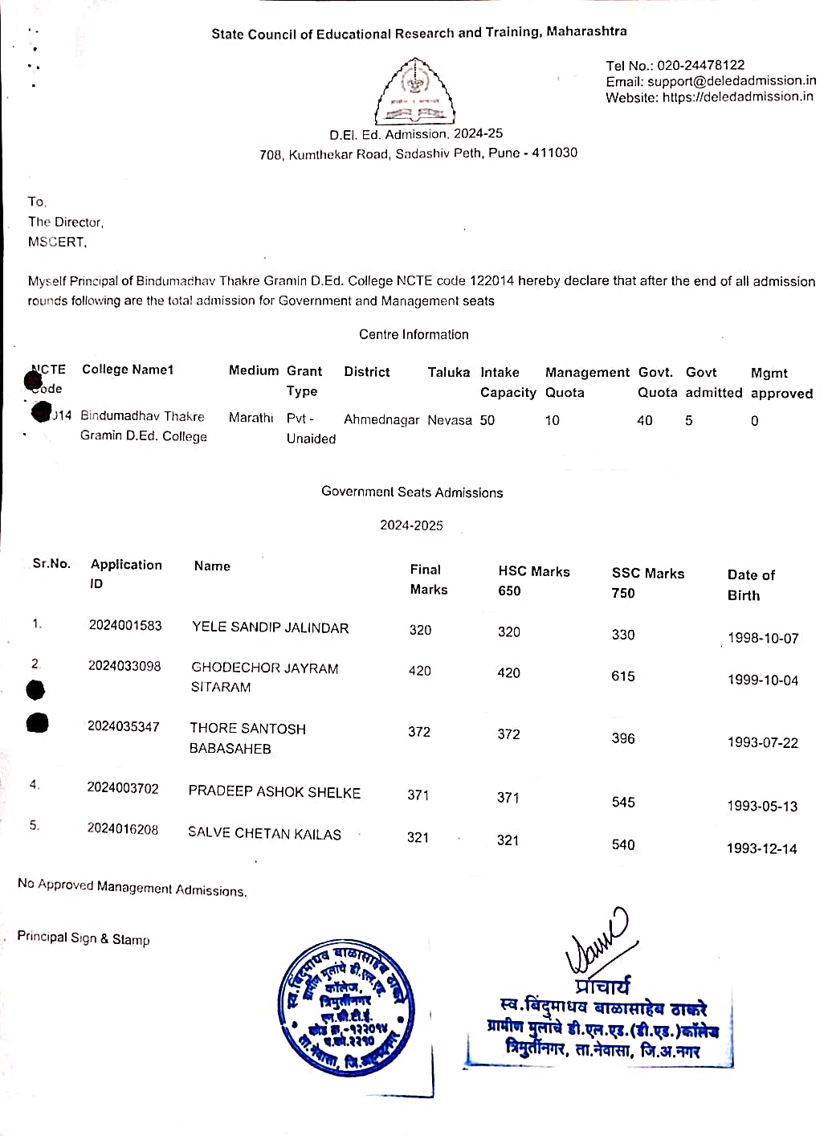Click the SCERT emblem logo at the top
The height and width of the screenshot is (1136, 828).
coord(414,92)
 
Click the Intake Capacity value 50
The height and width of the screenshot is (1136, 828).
coord(487,420)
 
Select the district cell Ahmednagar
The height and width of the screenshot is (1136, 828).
coord(381,419)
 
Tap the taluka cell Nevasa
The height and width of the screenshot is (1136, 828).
coord(450,420)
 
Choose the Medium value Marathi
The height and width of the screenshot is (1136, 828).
coord(251,418)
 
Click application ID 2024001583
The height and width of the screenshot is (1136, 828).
coord(125,625)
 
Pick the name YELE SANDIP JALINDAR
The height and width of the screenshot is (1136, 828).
coord(270,627)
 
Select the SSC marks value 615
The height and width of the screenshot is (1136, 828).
coord(623,676)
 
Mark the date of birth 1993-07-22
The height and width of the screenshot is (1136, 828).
coord(762,742)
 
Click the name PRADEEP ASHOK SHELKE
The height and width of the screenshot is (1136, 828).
coord(274,792)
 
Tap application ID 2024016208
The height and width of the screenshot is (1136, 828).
coord(123,829)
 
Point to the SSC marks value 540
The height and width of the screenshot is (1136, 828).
coord(623,844)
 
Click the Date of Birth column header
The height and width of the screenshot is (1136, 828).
coord(751,585)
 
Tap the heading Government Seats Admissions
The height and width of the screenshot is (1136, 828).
coord(412,492)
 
